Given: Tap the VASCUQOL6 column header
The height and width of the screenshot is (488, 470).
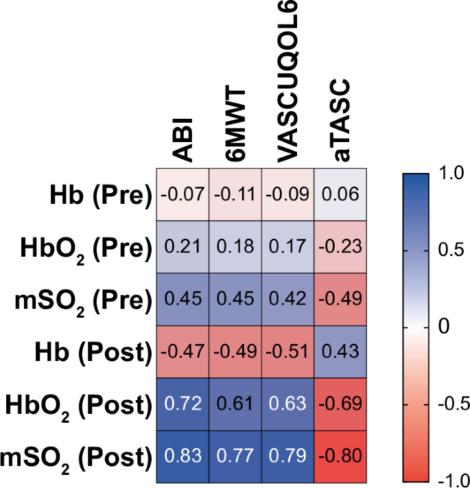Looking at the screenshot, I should point(287,82).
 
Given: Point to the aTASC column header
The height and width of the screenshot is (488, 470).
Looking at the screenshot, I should point(341,120).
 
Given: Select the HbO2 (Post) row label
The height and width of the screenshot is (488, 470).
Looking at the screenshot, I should point(81,405).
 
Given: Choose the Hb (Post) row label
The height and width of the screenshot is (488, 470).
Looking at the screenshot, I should point(91,353).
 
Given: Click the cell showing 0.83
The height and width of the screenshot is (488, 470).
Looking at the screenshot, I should point(183,456).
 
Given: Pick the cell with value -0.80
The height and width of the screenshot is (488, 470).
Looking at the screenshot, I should point(341,456).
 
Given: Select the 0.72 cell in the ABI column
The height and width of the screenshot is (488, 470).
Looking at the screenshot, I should point(183,404).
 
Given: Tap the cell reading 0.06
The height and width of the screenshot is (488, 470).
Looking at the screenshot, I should point(341,195).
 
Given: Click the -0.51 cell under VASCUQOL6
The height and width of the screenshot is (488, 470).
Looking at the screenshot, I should point(288,351).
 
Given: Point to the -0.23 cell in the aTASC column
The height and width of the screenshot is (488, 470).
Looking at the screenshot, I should point(341,247).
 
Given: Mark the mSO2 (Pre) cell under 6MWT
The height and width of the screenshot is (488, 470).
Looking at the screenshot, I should point(235,299).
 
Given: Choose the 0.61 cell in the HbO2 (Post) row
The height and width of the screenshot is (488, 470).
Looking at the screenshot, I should point(235,404).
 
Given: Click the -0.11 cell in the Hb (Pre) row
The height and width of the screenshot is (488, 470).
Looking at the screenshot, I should point(235,195).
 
